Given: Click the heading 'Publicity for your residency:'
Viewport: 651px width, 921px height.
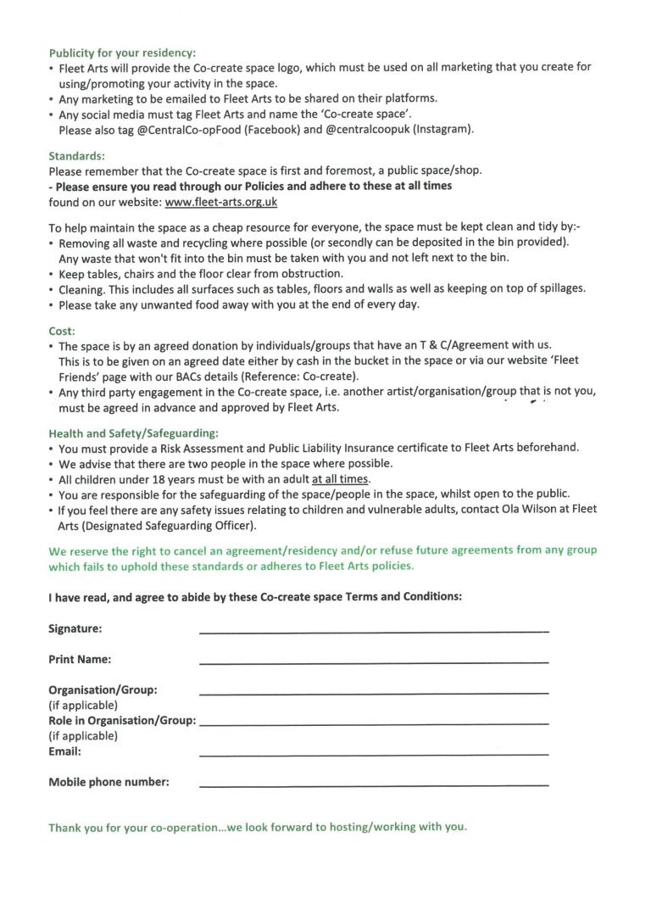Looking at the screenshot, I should (122, 53).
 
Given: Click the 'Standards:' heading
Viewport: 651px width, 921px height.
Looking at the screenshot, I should (76, 156).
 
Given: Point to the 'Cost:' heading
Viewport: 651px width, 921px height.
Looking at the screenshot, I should (62, 330).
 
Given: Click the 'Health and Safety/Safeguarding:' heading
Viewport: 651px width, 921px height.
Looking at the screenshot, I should (133, 433).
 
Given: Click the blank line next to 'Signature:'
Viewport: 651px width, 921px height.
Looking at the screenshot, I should (373, 630).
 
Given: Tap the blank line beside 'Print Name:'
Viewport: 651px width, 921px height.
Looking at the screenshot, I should (373, 661).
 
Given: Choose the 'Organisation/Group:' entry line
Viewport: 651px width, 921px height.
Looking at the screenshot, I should (373, 693).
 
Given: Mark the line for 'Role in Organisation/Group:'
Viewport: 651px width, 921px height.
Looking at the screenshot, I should (373, 723).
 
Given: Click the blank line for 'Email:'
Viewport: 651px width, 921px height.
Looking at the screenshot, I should (373, 753).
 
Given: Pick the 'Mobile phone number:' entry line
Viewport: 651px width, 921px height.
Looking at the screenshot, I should (373, 784).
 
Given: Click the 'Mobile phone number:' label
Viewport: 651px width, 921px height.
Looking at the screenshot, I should (108, 782).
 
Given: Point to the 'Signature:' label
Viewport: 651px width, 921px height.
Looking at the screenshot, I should (75, 628).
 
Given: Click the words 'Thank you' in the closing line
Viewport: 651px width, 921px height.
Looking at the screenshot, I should (75, 827).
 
